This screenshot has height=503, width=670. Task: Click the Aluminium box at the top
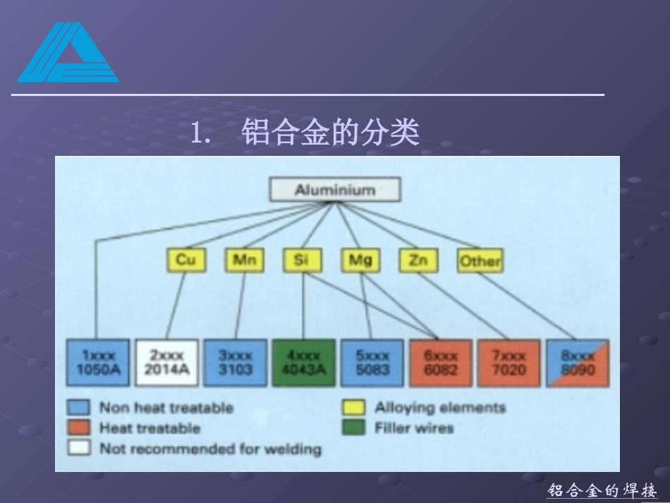click(335, 190)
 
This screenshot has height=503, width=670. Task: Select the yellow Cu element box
click(186, 260)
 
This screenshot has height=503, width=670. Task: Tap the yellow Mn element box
click(244, 260)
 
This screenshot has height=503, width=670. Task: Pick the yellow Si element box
click(303, 260)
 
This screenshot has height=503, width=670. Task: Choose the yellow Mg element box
click(360, 260)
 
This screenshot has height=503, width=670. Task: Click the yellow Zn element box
click(418, 260)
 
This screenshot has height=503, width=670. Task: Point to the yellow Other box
click(480, 261)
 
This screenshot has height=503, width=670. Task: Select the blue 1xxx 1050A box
click(98, 363)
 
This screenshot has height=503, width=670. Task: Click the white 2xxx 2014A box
click(167, 363)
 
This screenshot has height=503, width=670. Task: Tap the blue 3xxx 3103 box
click(236, 363)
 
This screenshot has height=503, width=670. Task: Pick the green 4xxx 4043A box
click(303, 363)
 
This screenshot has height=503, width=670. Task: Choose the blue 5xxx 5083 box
click(372, 363)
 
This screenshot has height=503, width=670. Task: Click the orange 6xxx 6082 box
click(441, 363)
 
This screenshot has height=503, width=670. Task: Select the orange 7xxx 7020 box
click(508, 363)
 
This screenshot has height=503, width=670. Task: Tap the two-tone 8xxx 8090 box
click(578, 363)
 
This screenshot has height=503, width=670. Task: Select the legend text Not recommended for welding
click(209, 449)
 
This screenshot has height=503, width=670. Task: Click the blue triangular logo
click(68, 54)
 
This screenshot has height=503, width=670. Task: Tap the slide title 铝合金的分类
click(330, 132)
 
